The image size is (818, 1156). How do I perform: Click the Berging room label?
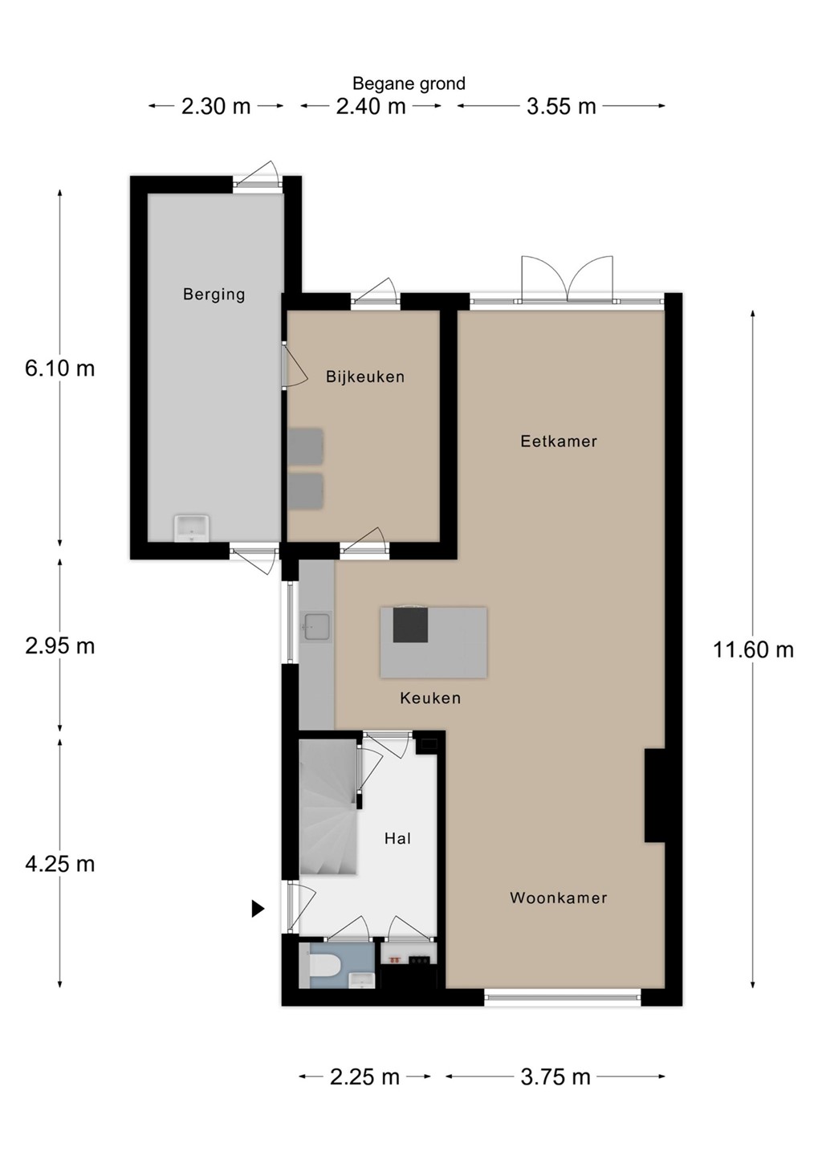(x=214, y=295)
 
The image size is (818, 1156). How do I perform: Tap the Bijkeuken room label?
(x=365, y=377)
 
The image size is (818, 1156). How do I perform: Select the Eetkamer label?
(x=559, y=442)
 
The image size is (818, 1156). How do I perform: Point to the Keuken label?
(x=430, y=698)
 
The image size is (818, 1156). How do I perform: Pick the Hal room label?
(x=397, y=839)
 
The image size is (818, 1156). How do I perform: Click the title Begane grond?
(x=409, y=83)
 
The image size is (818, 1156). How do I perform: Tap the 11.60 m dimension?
(x=753, y=649)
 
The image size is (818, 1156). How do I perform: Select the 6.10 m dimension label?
(x=60, y=368)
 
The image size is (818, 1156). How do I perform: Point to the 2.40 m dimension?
(x=371, y=106)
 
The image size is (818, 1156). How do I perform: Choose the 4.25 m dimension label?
(x=60, y=864)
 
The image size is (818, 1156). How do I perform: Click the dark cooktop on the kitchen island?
(x=410, y=625)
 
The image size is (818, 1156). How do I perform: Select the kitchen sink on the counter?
(x=316, y=627)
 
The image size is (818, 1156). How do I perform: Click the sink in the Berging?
(x=192, y=528)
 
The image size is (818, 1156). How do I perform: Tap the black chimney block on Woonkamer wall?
(x=654, y=796)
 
